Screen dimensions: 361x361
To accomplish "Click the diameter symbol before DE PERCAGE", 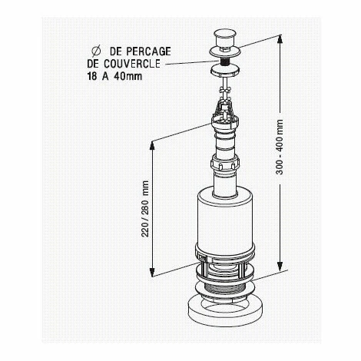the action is [96, 51].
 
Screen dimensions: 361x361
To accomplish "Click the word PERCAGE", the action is [148, 51].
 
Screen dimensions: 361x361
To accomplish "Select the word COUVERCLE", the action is [132, 64].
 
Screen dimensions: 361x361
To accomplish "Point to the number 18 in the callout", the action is [92, 76].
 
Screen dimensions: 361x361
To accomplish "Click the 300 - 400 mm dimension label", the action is [280, 147].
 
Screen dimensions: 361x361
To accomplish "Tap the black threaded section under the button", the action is [225, 62].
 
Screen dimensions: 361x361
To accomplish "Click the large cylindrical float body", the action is [225, 222].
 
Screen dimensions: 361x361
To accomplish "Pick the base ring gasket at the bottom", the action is [225, 312].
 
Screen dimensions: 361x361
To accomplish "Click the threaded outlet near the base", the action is [225, 289].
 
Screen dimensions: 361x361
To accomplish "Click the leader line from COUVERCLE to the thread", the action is [193, 63].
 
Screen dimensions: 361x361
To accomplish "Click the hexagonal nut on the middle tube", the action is [225, 164].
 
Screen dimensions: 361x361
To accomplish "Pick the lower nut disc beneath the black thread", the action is [225, 71].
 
